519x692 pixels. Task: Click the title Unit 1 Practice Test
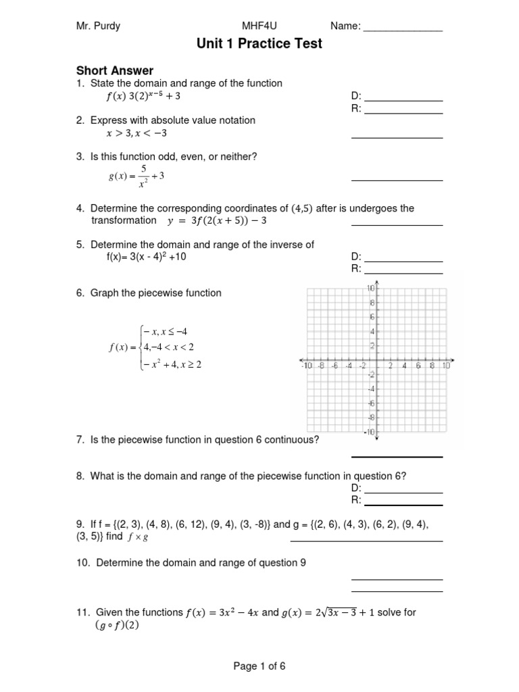click(259, 44)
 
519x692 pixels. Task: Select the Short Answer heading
click(114, 70)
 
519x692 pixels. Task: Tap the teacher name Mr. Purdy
click(98, 26)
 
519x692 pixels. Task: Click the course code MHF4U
click(259, 26)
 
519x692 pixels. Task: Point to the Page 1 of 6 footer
click(259, 666)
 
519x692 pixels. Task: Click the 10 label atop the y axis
click(370, 289)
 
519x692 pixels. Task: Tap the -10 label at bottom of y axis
click(368, 432)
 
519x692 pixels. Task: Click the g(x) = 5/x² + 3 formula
click(137, 176)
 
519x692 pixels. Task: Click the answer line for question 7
click(397, 456)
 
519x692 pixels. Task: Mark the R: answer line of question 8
click(403, 503)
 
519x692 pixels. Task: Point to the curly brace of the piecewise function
click(140, 347)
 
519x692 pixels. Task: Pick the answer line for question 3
click(397, 180)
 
